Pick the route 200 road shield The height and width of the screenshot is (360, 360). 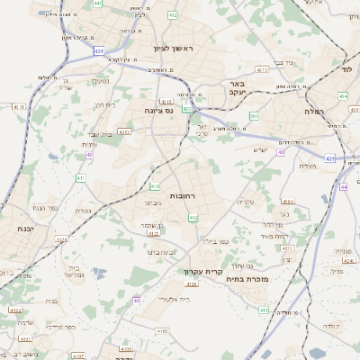[254, 116]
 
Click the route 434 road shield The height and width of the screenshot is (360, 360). [342, 94]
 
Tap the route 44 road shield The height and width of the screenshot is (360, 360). [281, 152]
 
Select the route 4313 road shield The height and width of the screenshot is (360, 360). [262, 69]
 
